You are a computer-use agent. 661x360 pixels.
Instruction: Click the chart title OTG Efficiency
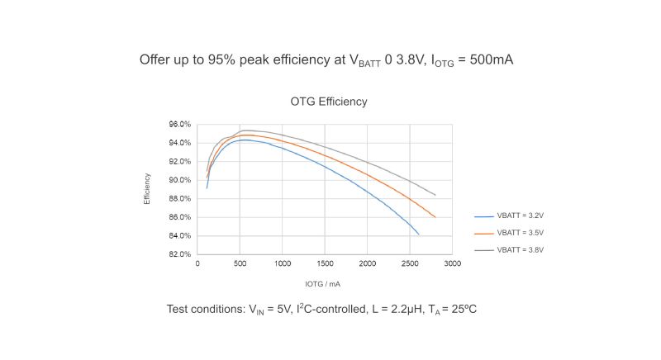[329, 102]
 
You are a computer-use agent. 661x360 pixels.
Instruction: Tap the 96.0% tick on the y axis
[180, 124]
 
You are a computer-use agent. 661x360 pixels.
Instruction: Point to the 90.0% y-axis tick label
[180, 180]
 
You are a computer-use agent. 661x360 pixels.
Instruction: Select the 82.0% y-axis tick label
[180, 254]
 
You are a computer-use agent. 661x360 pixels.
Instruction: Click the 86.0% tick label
[180, 217]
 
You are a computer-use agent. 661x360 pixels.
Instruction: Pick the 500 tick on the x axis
[240, 265]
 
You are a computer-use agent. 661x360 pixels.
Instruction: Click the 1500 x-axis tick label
[325, 265]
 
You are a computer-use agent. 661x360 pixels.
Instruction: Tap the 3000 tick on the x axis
[452, 265]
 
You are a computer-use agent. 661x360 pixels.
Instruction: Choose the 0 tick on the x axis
[197, 265]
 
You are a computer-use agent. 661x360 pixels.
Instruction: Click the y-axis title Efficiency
[147, 189]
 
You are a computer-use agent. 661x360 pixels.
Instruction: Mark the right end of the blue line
[419, 234]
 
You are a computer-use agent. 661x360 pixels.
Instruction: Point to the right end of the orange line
[435, 217]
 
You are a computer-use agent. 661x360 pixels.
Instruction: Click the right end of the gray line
[435, 196]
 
